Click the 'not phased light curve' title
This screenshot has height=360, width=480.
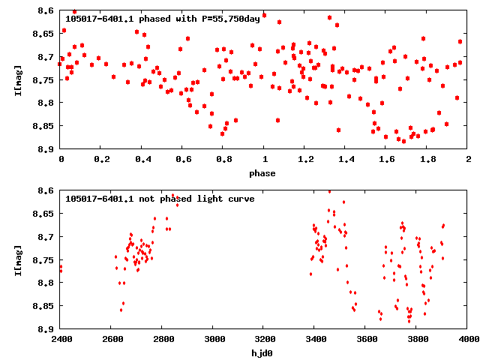click(x=160, y=199)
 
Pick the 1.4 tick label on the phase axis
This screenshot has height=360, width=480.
click(x=346, y=159)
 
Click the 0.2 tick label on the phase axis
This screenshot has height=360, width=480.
click(x=101, y=159)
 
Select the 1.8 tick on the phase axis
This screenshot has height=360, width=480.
click(x=427, y=159)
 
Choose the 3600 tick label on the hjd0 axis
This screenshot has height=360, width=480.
click(x=366, y=339)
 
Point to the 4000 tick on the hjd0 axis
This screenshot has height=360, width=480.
click(x=468, y=339)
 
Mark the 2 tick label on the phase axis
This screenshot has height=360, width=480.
click(x=468, y=159)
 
